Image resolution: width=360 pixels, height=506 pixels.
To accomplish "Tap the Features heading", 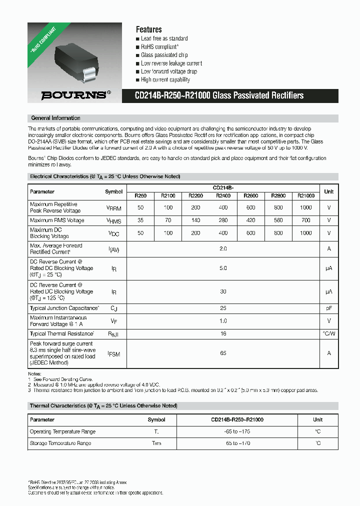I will pyautogui.click(x=148, y=29).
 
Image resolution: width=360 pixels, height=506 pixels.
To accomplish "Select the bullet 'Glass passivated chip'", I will pyautogui.click(x=164, y=55).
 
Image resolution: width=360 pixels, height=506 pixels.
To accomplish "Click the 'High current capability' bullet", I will pyautogui.click(x=165, y=79).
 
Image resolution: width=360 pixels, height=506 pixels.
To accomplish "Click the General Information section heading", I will pyautogui.click(x=55, y=118).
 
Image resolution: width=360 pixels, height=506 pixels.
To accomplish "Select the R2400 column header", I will pyautogui.click(x=223, y=195).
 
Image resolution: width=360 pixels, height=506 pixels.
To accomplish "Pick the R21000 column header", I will pyautogui.click(x=305, y=195).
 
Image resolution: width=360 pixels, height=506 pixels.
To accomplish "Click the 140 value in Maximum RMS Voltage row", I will pyautogui.click(x=195, y=220).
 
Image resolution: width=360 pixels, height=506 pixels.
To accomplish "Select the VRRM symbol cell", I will pyautogui.click(x=114, y=207).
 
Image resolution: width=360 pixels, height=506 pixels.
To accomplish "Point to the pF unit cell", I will pyautogui.click(x=328, y=308).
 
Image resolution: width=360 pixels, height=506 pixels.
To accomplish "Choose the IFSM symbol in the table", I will pyautogui.click(x=114, y=353).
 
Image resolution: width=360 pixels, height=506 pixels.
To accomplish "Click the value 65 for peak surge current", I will pyautogui.click(x=223, y=353).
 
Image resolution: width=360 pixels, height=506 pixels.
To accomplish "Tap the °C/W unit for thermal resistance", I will pyautogui.click(x=328, y=333).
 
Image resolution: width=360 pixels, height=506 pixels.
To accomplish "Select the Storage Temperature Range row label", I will pyautogui.click(x=60, y=443).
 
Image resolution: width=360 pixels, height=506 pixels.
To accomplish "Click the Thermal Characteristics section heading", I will pyautogui.click(x=103, y=406).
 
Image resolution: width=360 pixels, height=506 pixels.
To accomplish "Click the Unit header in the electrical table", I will pyautogui.click(x=328, y=191).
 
